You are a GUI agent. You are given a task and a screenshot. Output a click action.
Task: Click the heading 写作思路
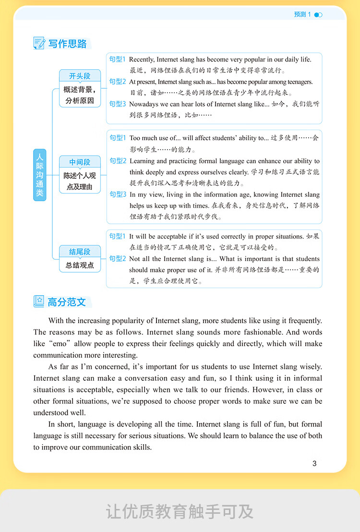coord(68,44)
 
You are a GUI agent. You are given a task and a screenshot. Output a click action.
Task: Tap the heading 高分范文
coord(67,302)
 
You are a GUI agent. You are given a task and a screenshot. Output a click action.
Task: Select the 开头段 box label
coord(80,76)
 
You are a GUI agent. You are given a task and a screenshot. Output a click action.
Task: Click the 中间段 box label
coord(80,162)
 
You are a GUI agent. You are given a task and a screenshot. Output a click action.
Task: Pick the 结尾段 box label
coord(80,252)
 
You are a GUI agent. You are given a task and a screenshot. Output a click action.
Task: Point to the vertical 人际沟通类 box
coord(40,174)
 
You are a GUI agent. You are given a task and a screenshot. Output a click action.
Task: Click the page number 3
coord(314,463)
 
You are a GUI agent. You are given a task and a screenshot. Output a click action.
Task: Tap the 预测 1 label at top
coord(302,14)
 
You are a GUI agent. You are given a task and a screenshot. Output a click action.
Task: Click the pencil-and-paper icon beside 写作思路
coord(39,43)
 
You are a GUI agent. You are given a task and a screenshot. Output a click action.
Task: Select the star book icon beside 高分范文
coord(39,302)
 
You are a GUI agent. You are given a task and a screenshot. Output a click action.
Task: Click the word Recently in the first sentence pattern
coord(142,60)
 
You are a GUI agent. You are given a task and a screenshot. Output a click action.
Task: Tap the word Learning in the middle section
coord(143,161)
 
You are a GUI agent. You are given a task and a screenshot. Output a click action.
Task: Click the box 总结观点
coord(80,265)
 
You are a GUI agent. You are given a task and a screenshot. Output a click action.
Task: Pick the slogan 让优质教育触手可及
coord(180,511)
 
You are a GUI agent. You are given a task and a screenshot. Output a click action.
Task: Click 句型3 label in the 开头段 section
coord(117,104)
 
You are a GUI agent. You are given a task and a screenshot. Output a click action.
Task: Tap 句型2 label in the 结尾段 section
coord(117,258)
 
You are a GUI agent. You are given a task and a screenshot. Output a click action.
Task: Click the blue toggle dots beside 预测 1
coord(318,15)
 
